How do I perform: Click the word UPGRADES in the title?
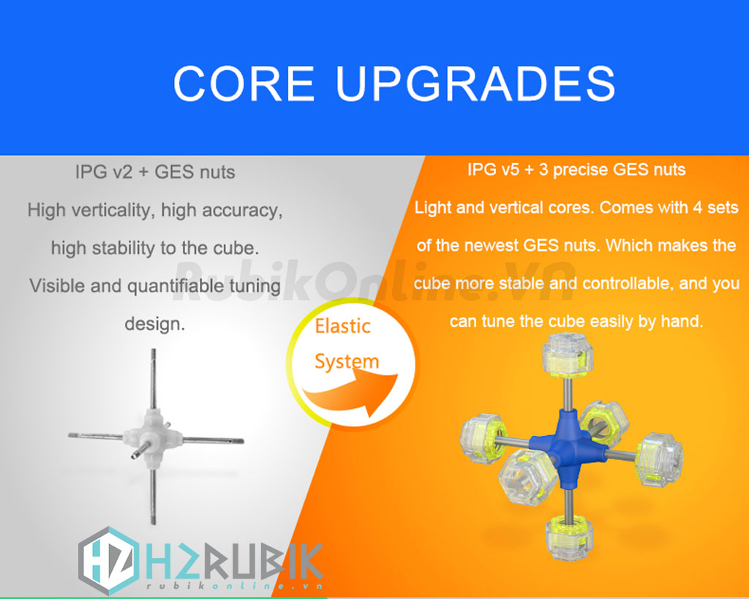(475, 83)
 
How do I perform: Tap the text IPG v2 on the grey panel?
(104, 172)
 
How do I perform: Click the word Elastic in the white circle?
(342, 326)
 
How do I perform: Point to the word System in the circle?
(346, 361)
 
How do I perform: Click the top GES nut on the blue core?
(568, 356)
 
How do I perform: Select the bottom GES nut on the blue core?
(569, 538)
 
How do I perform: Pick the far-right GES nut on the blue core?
(659, 459)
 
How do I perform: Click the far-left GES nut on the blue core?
(483, 439)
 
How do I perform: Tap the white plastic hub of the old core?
(152, 435)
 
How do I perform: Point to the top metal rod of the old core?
(154, 378)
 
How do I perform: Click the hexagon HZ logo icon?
(109, 560)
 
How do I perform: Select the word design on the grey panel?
(154, 324)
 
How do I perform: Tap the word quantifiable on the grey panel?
(176, 286)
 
